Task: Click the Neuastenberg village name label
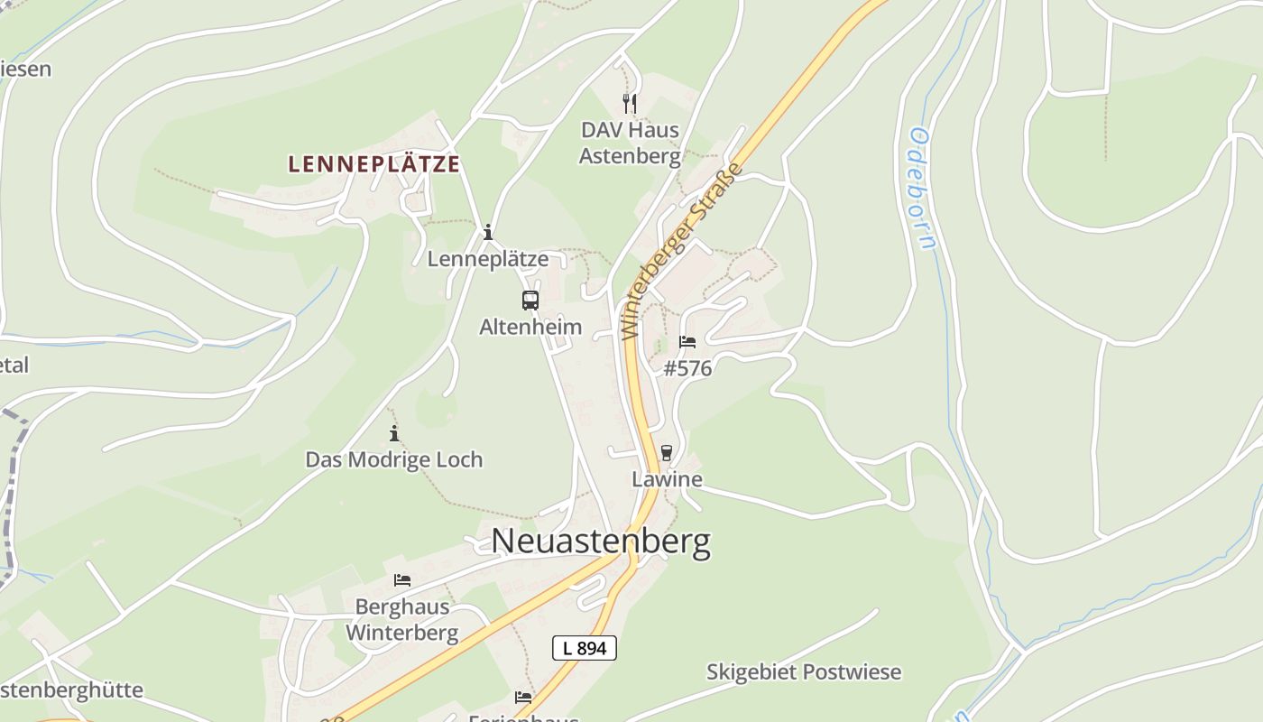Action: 601,541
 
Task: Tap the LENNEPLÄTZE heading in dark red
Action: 373,164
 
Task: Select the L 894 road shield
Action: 584,647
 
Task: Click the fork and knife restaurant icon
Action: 630,104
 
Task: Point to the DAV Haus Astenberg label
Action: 630,143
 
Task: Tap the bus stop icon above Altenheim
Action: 530,301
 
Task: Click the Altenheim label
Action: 530,327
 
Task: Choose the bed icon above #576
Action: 687,342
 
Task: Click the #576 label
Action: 687,368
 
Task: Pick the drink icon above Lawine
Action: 667,452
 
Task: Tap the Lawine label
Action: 667,479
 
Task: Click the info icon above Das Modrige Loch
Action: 393,433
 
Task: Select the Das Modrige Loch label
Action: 393,459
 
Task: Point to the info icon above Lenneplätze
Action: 488,233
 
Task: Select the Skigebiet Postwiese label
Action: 803,672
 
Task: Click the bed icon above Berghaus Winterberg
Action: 402,579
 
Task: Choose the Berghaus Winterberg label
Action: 402,619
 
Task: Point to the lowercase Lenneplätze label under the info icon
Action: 488,259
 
